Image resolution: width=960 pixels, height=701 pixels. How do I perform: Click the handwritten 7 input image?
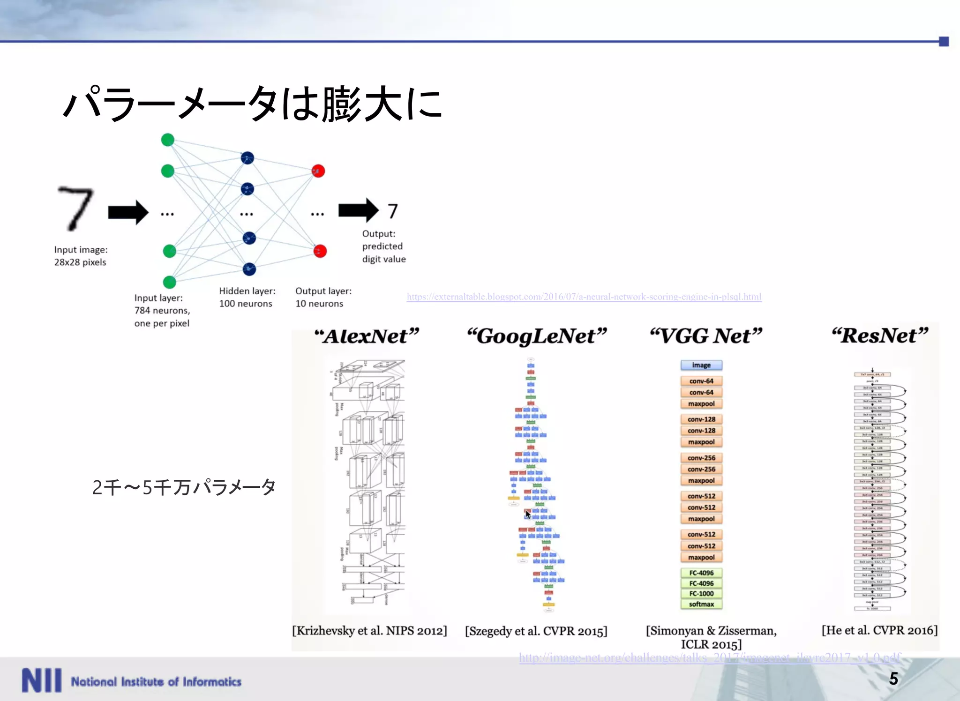coord(75,209)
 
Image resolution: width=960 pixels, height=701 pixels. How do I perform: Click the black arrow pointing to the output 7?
coord(358,210)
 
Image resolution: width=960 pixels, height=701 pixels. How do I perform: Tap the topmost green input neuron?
coord(167,140)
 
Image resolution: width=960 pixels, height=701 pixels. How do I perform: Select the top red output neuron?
coord(318,171)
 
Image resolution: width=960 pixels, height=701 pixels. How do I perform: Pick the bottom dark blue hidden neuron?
coord(249,269)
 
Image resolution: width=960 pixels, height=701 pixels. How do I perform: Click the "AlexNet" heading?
coord(367,336)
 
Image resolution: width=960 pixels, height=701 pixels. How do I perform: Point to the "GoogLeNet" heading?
coord(537,336)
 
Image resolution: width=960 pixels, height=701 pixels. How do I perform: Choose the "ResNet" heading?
coord(879,336)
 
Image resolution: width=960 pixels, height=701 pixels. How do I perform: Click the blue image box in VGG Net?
coord(701,365)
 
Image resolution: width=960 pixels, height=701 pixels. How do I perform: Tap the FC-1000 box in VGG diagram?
coord(701,594)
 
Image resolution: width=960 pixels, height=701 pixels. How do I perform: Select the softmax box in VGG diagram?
coord(701,604)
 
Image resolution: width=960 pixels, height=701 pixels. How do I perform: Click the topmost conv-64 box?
coord(701,381)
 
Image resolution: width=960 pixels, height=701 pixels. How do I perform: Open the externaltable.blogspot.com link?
coord(584,297)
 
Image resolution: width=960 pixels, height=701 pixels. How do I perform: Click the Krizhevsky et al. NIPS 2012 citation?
coord(369,631)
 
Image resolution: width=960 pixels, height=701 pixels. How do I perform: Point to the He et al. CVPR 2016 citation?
coord(879,630)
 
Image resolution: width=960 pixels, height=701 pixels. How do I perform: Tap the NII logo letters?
coord(41,680)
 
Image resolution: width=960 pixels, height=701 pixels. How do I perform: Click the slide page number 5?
coord(893,679)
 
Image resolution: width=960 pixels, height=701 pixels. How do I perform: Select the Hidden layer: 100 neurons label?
coord(247,297)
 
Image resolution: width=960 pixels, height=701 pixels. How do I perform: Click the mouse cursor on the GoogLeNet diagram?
coord(527,515)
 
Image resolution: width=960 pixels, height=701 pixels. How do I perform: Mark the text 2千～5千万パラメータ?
coord(184,487)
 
